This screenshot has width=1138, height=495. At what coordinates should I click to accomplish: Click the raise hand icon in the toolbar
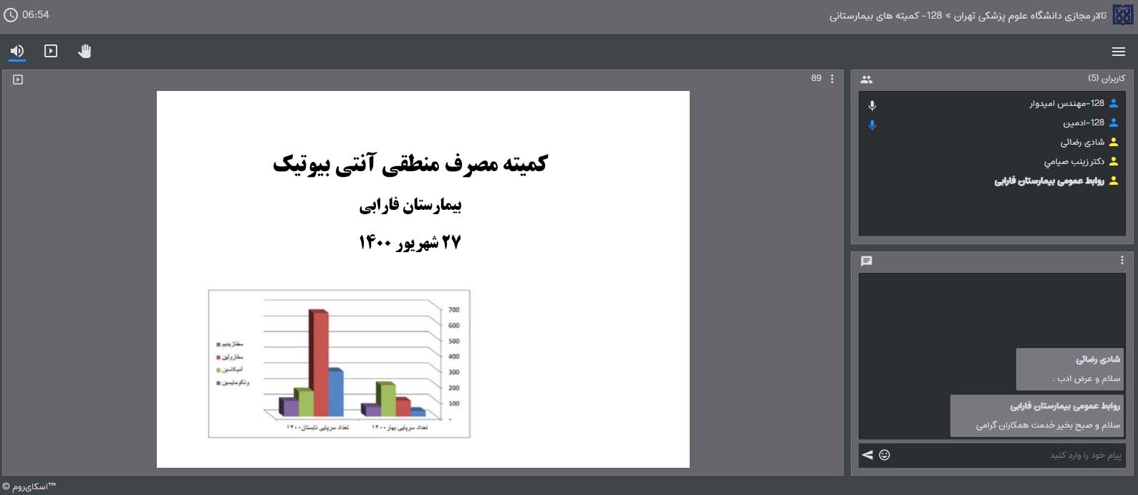tap(85, 51)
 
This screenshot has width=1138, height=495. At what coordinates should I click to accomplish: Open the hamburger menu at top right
tap(1118, 52)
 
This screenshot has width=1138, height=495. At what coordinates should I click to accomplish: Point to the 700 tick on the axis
tap(454, 310)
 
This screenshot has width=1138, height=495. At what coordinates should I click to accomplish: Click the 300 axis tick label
tap(454, 373)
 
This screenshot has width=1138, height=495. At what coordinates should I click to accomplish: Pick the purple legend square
tap(218, 383)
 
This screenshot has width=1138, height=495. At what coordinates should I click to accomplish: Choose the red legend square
tap(218, 357)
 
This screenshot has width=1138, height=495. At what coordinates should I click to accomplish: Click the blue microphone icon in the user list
tap(872, 125)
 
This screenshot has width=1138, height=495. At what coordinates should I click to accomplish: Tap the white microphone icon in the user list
tap(872, 105)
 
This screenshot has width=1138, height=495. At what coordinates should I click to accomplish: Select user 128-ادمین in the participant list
tap(1083, 123)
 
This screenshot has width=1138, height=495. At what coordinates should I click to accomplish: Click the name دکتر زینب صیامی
tap(1074, 162)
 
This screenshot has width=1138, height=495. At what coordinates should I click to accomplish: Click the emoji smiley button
tap(884, 455)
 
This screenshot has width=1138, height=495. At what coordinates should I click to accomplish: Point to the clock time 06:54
tap(35, 14)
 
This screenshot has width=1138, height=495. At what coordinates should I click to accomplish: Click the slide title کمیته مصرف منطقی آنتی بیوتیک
tap(410, 164)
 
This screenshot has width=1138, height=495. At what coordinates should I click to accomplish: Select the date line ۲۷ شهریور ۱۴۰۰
tap(410, 243)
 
